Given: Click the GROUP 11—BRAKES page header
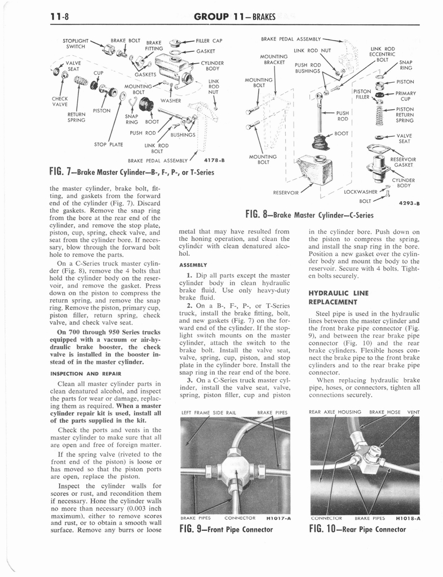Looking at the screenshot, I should pos(234,17).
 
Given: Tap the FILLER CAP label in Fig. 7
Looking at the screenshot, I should pos(209,41).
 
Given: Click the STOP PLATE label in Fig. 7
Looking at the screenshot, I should pos(109,144).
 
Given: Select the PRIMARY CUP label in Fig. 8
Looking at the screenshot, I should pos(405,96).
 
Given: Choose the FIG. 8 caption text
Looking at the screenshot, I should pos(309,214).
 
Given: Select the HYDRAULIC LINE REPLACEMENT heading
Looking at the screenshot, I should pos(338,298).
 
